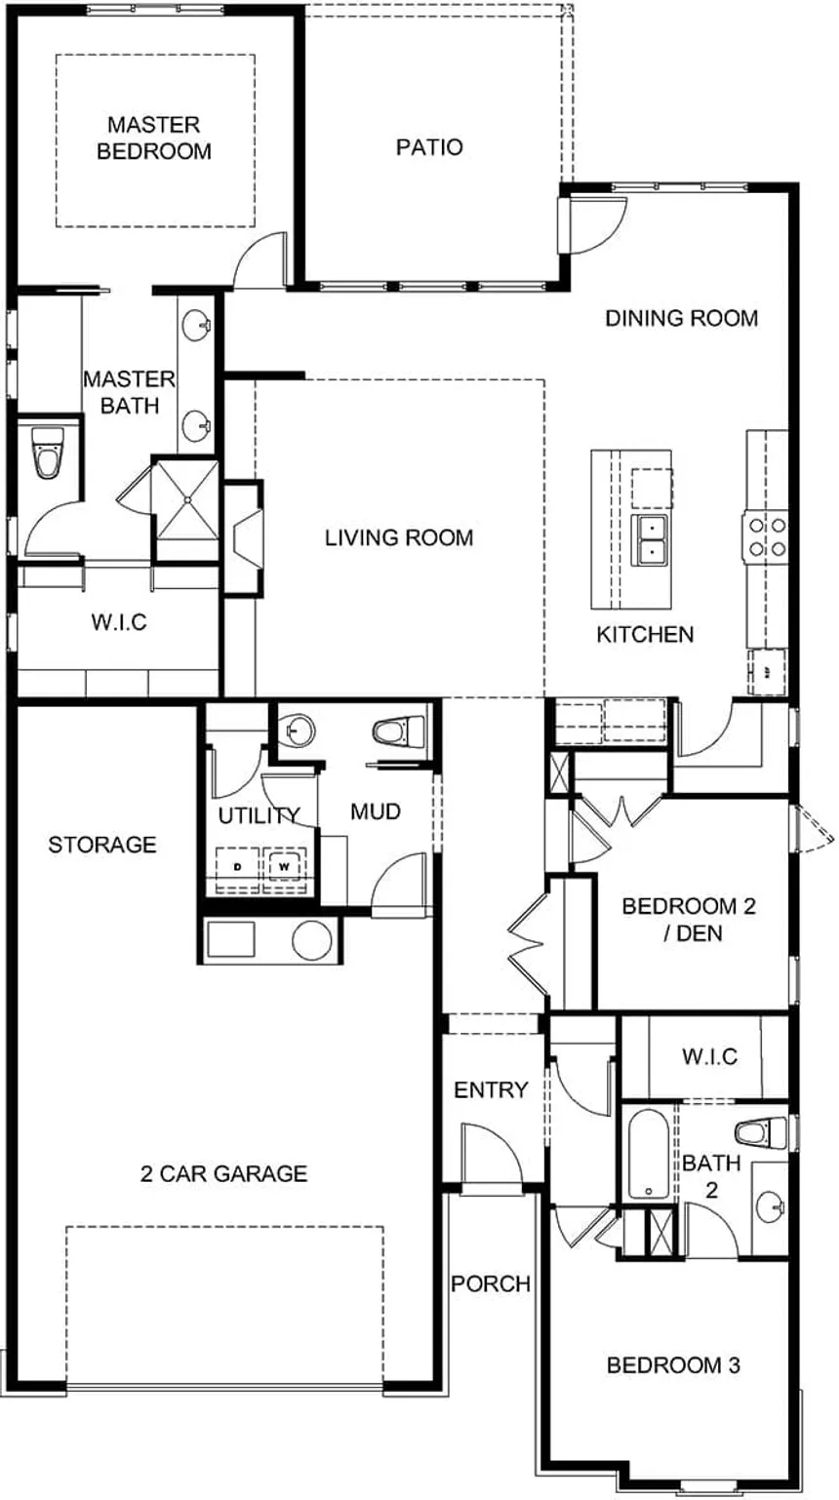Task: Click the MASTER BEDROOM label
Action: click(154, 138)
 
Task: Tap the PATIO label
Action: click(429, 147)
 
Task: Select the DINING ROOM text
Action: click(681, 318)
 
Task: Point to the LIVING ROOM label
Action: click(399, 537)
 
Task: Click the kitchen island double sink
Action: click(648, 540)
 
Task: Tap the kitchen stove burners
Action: click(766, 536)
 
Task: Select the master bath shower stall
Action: click(185, 508)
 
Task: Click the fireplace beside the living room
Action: click(244, 537)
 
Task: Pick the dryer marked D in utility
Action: click(237, 864)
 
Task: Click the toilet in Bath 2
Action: click(761, 1132)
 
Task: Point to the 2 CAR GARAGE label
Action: click(223, 1173)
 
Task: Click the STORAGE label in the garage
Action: click(102, 845)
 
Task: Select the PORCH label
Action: click(491, 1284)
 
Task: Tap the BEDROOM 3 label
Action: click(673, 1365)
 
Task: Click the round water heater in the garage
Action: click(312, 939)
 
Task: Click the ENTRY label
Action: click(491, 1090)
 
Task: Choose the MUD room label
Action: click(376, 811)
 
